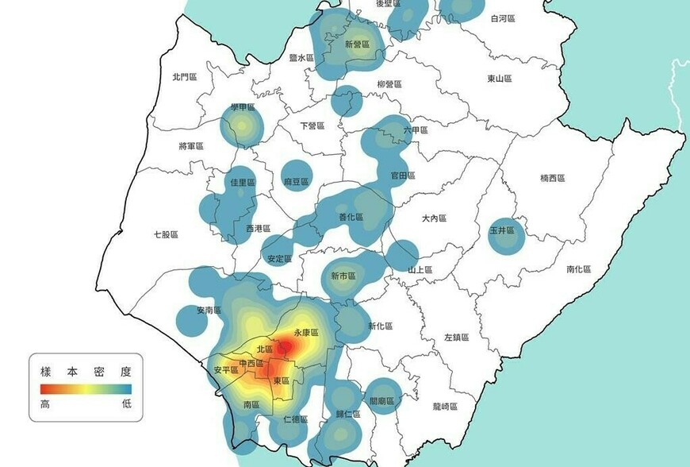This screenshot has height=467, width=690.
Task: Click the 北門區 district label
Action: (x=183, y=77)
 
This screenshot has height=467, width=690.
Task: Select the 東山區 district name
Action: (x=500, y=79)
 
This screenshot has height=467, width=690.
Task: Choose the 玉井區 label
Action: (x=503, y=230)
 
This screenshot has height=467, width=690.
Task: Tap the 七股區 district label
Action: (x=166, y=234)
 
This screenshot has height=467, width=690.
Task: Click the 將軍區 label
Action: (x=191, y=146)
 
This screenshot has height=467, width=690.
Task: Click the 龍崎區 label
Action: (x=467, y=407)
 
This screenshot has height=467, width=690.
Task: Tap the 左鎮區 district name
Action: (x=457, y=338)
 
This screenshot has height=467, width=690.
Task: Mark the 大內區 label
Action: (x=435, y=218)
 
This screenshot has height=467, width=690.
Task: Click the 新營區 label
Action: (x=357, y=44)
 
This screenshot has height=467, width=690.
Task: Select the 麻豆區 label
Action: (x=296, y=182)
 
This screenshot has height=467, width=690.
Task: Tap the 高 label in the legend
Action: (x=45, y=403)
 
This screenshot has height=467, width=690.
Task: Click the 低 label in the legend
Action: (x=126, y=403)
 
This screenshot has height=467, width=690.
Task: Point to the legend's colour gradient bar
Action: (x=86, y=389)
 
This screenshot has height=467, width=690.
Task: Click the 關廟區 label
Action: (x=382, y=402)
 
